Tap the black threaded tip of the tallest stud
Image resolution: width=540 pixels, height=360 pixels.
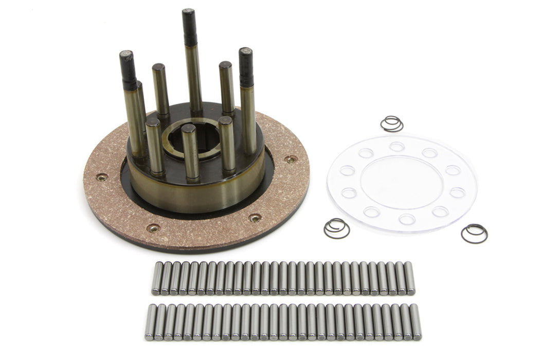coord(189,27)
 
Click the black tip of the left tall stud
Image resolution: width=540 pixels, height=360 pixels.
coord(128,69)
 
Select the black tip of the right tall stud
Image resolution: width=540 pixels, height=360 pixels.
coord(246,67)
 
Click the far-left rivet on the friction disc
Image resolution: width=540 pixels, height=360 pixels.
coord(102,177)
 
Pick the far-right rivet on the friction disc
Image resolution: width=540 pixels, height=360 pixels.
coord(292,159)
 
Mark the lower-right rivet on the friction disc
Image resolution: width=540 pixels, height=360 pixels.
coord(255,218)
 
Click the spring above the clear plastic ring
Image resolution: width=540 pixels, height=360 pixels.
coord(392,123)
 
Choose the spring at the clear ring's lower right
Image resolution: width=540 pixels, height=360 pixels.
coord(474,233)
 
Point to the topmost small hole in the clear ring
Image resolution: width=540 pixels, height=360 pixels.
coord(397,147)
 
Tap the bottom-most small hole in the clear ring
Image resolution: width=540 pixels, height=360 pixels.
coord(407,219)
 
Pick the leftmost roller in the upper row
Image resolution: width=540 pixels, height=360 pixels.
coord(157,278)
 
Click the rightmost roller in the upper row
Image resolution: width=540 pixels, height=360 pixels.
coord(409,278)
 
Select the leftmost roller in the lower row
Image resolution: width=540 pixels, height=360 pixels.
coord(151,322)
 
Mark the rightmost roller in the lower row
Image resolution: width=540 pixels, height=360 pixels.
coord(416,322)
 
